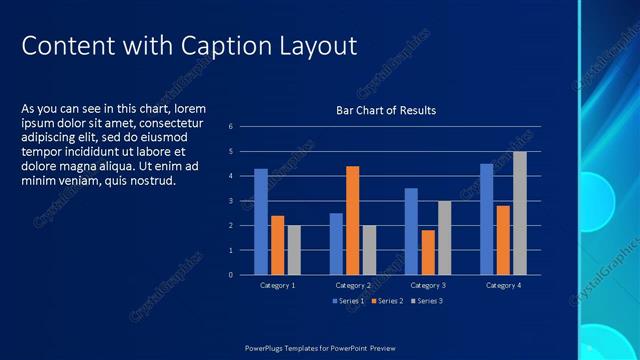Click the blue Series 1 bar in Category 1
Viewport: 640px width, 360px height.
[261, 221]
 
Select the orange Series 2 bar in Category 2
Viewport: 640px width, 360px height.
[352, 220]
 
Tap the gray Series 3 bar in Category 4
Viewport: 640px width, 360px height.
[519, 213]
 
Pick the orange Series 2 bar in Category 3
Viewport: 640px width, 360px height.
[427, 252]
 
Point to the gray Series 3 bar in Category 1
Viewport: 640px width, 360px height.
[294, 250]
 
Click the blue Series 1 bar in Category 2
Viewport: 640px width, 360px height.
[336, 243]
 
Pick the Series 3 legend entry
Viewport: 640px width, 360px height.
[426, 300]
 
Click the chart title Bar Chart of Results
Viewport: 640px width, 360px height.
[385, 110]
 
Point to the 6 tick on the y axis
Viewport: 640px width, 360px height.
[230, 127]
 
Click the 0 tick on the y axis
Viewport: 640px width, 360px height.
[230, 275]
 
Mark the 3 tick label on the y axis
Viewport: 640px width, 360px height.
[230, 201]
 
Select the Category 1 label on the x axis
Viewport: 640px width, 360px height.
[277, 286]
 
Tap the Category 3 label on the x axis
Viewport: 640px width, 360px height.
[427, 286]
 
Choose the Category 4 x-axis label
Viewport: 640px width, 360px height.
[502, 286]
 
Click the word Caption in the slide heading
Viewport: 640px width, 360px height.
[217, 46]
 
